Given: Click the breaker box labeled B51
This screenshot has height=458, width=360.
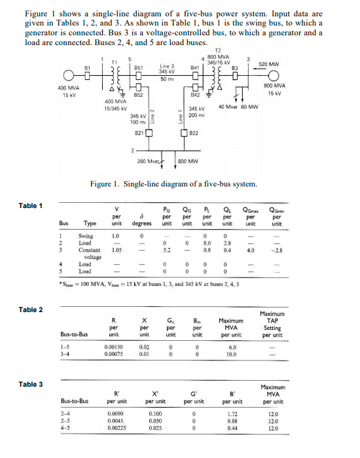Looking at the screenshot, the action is coord(139,75).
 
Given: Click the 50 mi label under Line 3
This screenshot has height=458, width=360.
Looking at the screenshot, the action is coord(166,79).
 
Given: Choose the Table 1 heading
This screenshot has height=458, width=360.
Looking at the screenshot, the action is coord(31,206).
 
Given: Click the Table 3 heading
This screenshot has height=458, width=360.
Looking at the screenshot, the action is coord(31,384).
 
